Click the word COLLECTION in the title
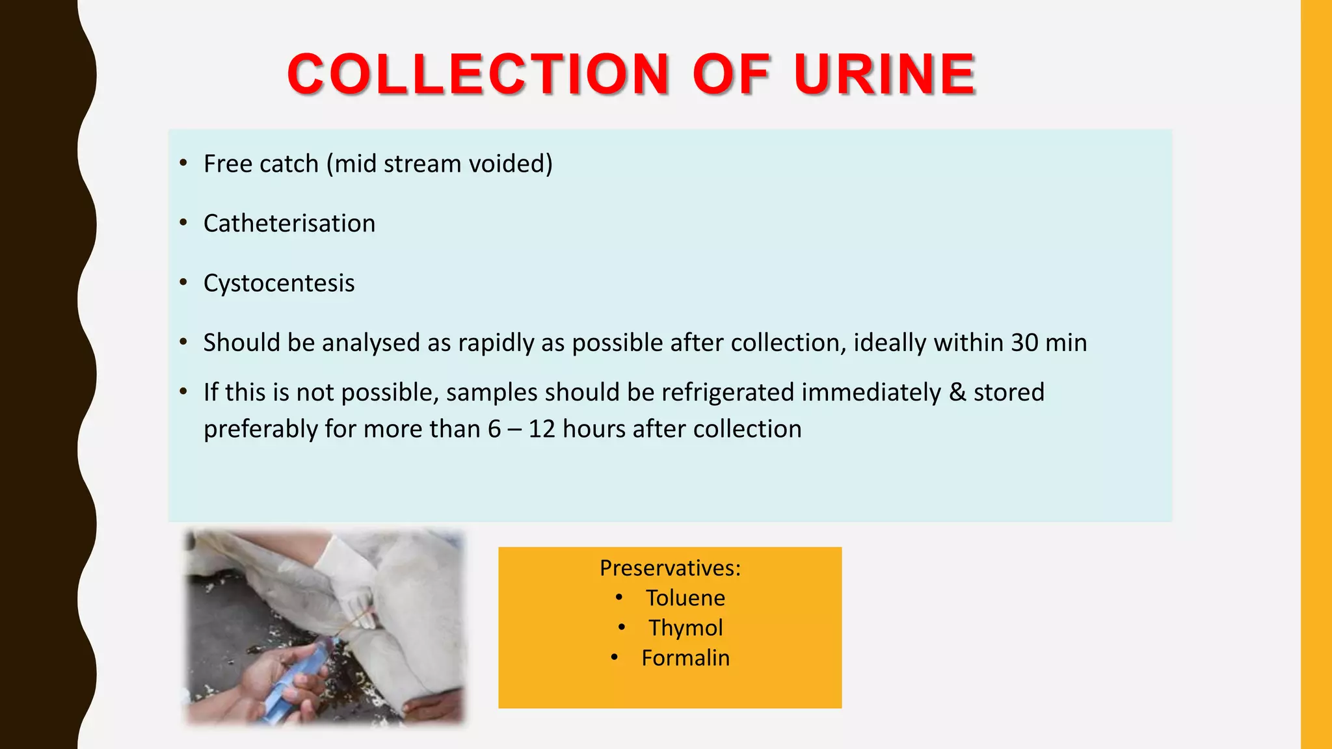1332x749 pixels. point(478,74)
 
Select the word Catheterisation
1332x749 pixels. point(289,224)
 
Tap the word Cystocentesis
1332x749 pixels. point(279,283)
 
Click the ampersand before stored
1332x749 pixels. point(957,393)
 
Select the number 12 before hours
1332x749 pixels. point(542,429)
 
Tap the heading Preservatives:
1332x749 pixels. point(670,568)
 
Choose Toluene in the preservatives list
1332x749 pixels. point(685,598)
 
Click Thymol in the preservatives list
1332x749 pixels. point(686,628)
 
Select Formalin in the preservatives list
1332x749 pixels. point(686,658)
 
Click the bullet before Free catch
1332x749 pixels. point(184,163)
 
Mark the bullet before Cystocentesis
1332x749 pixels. point(184,283)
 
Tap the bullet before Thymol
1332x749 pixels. point(622,627)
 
